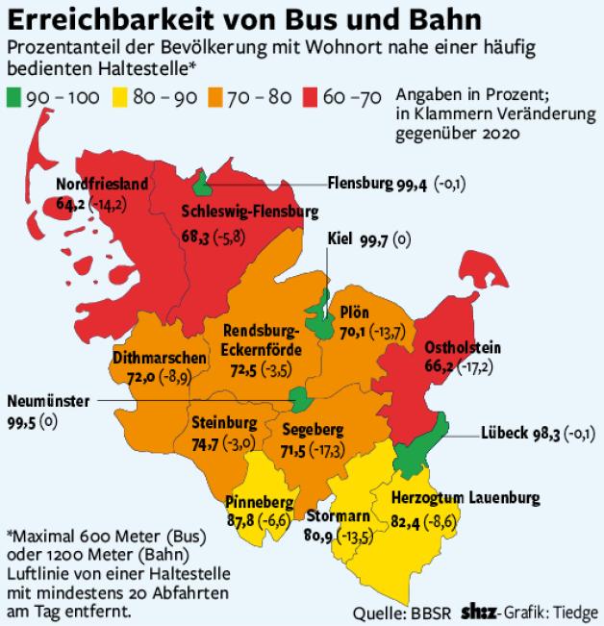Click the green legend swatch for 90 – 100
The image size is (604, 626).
pos(17,97)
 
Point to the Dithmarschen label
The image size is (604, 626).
pos(160,358)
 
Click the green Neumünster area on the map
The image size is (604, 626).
pos(301,398)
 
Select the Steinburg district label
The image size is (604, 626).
pos(224,422)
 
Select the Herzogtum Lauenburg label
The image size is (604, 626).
pos(466,498)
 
